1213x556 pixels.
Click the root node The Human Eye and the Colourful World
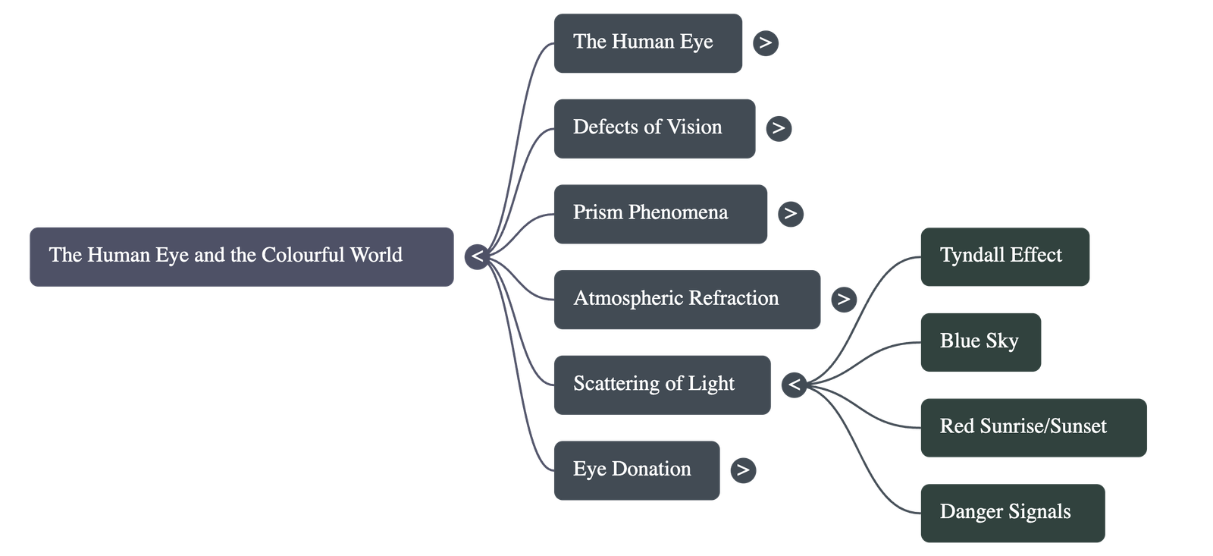click(x=241, y=256)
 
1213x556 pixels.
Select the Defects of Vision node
click(x=654, y=128)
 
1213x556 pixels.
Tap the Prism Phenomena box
click(x=660, y=213)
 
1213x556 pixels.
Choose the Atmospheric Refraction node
click(x=686, y=299)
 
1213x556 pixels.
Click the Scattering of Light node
click(x=661, y=385)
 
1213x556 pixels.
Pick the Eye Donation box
click(x=636, y=470)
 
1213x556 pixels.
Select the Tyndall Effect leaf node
click(x=1005, y=256)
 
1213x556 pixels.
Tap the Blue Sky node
click(x=980, y=342)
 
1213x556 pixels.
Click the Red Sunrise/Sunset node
click(x=1033, y=427)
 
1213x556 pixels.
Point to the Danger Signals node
click(x=1012, y=513)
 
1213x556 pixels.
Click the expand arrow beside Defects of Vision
click(x=779, y=128)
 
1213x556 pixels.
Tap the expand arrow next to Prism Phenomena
click(x=791, y=213)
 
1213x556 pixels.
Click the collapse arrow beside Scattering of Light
click(x=794, y=385)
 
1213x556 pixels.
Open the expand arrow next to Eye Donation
click(x=743, y=470)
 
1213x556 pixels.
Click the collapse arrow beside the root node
click(x=477, y=256)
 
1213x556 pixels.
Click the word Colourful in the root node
click(x=302, y=255)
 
